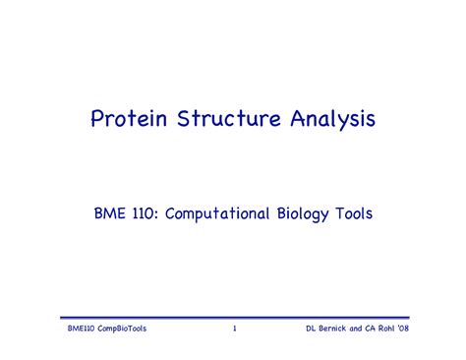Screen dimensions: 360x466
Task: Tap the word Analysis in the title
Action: (x=331, y=120)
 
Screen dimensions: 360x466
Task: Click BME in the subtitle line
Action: (x=108, y=210)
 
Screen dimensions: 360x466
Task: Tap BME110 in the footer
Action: (x=76, y=328)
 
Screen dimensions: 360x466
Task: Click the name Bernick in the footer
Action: (x=336, y=328)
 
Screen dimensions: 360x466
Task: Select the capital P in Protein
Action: (x=97, y=120)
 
